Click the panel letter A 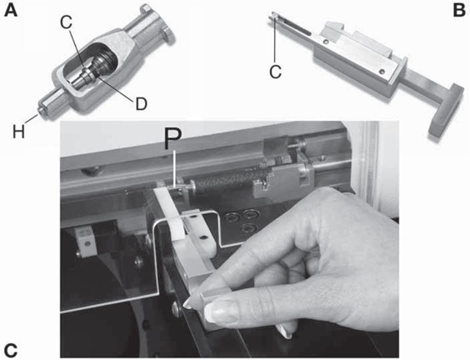11,11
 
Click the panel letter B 459,11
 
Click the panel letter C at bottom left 11,350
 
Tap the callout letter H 18,132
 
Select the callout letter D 141,104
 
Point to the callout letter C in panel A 66,22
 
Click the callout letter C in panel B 275,72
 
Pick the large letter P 173,139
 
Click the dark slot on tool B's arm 295,27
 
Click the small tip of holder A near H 40,111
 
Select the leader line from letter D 116,87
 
